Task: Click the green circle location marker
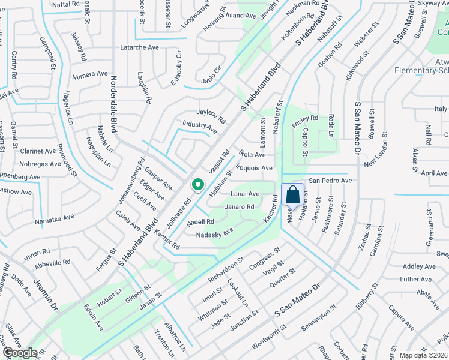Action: pyautogui.click(x=197, y=185)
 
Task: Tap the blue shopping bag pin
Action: pyautogui.click(x=292, y=194)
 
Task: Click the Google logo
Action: pyautogui.click(x=19, y=353)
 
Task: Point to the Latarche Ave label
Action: pyautogui.click(x=139, y=47)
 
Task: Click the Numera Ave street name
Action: pyautogui.click(x=89, y=76)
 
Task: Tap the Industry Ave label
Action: pyautogui.click(x=200, y=126)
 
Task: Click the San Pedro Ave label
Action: pyautogui.click(x=330, y=181)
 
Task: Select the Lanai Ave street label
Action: pyautogui.click(x=245, y=194)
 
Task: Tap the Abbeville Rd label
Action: pyautogui.click(x=52, y=262)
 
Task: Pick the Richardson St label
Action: pyautogui.click(x=226, y=270)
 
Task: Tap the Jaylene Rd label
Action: pyautogui.click(x=211, y=115)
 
